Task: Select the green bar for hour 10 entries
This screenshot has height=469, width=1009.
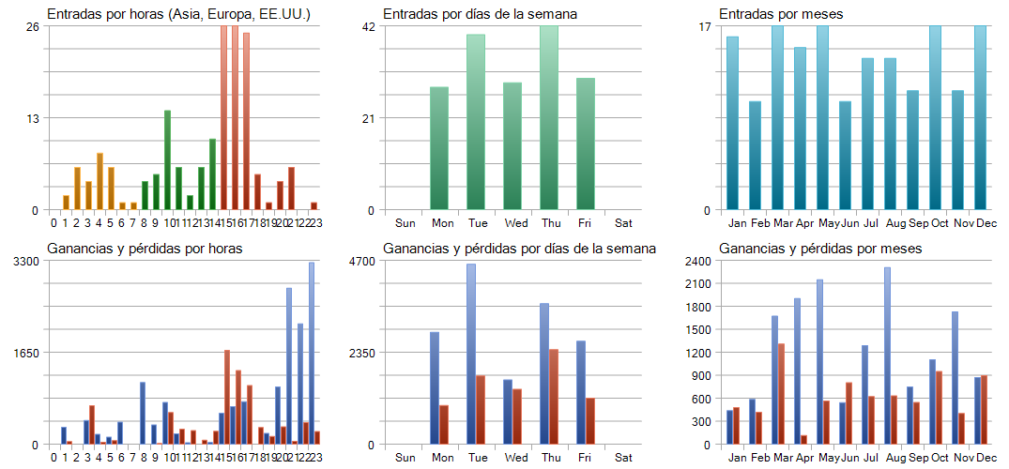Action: pos(167,160)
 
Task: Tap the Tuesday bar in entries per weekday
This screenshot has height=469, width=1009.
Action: pos(476,122)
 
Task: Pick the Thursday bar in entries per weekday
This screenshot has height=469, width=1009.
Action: pos(549,118)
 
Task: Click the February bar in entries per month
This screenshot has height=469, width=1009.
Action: pos(755,156)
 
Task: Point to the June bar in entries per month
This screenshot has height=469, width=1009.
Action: pos(845,156)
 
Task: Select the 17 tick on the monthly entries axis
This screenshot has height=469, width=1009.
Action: pos(705,26)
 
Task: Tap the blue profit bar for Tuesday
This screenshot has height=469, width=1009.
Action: pos(471,354)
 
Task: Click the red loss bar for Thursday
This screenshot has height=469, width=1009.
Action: pos(554,397)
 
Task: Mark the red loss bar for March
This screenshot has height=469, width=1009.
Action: pos(781,394)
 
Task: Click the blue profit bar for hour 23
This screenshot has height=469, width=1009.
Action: pos(312,354)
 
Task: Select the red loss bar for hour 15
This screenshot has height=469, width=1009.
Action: pos(227,397)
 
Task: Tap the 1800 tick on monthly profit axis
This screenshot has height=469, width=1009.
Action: pos(700,307)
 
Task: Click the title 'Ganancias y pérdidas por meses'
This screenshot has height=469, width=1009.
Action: pos(820,249)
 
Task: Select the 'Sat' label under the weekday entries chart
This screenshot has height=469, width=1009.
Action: pos(623,224)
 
